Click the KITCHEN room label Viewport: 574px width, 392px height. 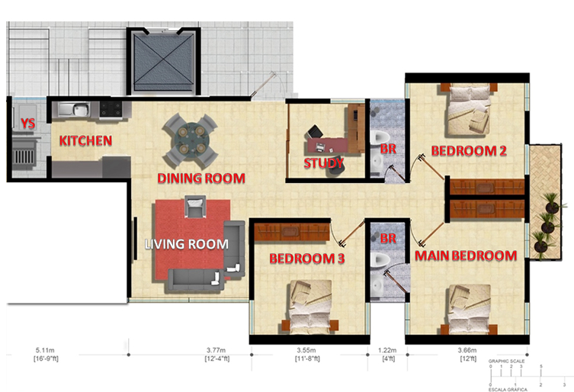pos(85,140)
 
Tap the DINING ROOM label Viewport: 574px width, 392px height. pos(201,178)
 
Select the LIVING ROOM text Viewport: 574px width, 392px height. pos(186,244)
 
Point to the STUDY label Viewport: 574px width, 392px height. pos(324,163)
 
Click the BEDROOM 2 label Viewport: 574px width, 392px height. pos(469,150)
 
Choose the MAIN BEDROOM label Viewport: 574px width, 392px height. pos(466,255)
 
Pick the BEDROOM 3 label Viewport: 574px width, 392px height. pos(306,259)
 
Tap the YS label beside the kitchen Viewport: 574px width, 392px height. pos(27,124)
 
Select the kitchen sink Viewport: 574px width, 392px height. pos(74,109)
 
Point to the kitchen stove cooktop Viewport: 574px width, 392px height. pos(111,109)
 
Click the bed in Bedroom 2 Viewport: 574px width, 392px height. pos(469,109)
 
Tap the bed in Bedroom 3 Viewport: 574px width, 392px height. pos(310,307)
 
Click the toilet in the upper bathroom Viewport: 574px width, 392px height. pos(380,137)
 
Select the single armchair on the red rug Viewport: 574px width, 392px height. pos(195,206)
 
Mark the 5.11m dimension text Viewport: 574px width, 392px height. pos(45,351)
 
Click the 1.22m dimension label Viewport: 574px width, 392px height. pos(387,351)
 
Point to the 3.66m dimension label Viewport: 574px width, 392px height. pos(467,351)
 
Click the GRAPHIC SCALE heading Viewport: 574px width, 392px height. pos(506,361)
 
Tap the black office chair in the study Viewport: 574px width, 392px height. pos(315,131)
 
